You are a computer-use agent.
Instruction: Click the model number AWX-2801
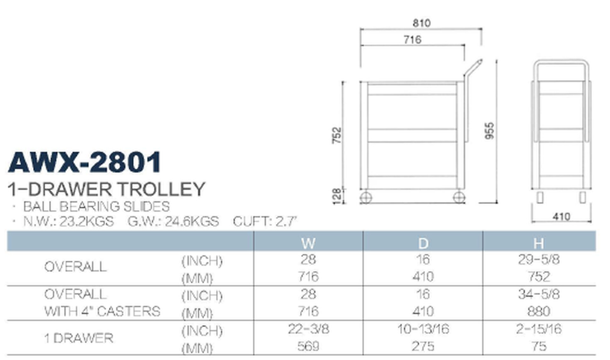click(x=85, y=162)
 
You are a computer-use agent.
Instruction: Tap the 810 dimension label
click(x=422, y=23)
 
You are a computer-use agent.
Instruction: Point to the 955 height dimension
click(x=490, y=130)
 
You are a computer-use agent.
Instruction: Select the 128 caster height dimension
click(x=337, y=196)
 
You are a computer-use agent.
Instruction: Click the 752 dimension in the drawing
click(x=336, y=136)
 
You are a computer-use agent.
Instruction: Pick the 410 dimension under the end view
click(x=561, y=217)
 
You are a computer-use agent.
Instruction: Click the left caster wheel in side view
click(x=366, y=197)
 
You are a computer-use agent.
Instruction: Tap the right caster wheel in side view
click(x=459, y=197)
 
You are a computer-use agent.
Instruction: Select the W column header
click(x=308, y=243)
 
